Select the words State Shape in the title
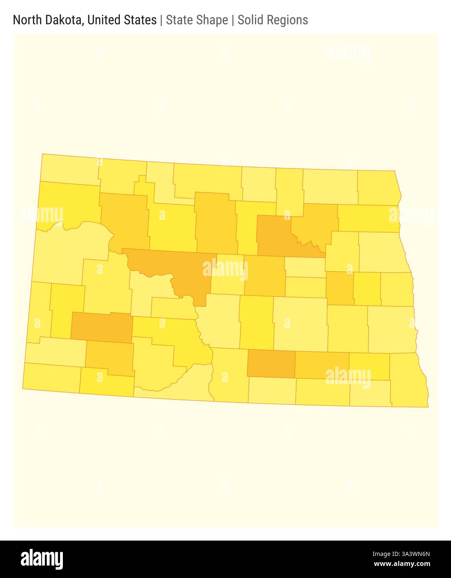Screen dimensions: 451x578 click(197, 20)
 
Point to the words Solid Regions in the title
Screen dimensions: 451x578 click(273, 20)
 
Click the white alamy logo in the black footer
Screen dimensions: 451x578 click(42, 559)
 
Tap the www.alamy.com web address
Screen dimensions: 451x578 click(402, 564)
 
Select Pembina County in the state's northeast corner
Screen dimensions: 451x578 click(377, 187)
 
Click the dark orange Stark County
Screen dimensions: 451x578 click(102, 327)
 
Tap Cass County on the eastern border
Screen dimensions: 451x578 click(391, 329)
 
